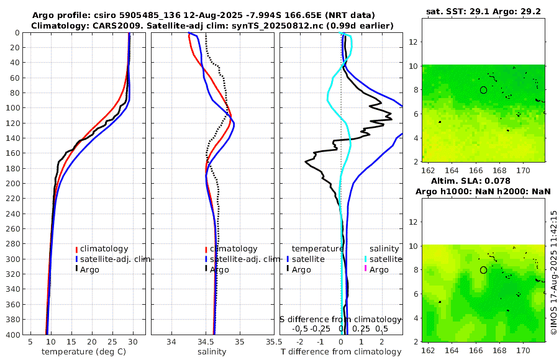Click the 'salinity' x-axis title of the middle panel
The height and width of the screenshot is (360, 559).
pos(211,352)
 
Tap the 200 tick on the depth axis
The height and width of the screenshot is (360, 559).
pos(14,184)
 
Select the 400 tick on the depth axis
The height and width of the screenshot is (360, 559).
pos(14,335)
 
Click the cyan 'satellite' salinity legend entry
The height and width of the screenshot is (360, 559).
pos(386,259)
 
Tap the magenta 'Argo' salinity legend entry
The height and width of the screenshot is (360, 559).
pos(378,269)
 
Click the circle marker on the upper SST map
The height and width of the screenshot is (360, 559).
pos(483,90)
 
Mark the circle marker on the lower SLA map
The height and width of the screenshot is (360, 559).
pos(483,270)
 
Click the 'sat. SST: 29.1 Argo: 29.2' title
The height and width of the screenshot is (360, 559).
pos(483,11)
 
